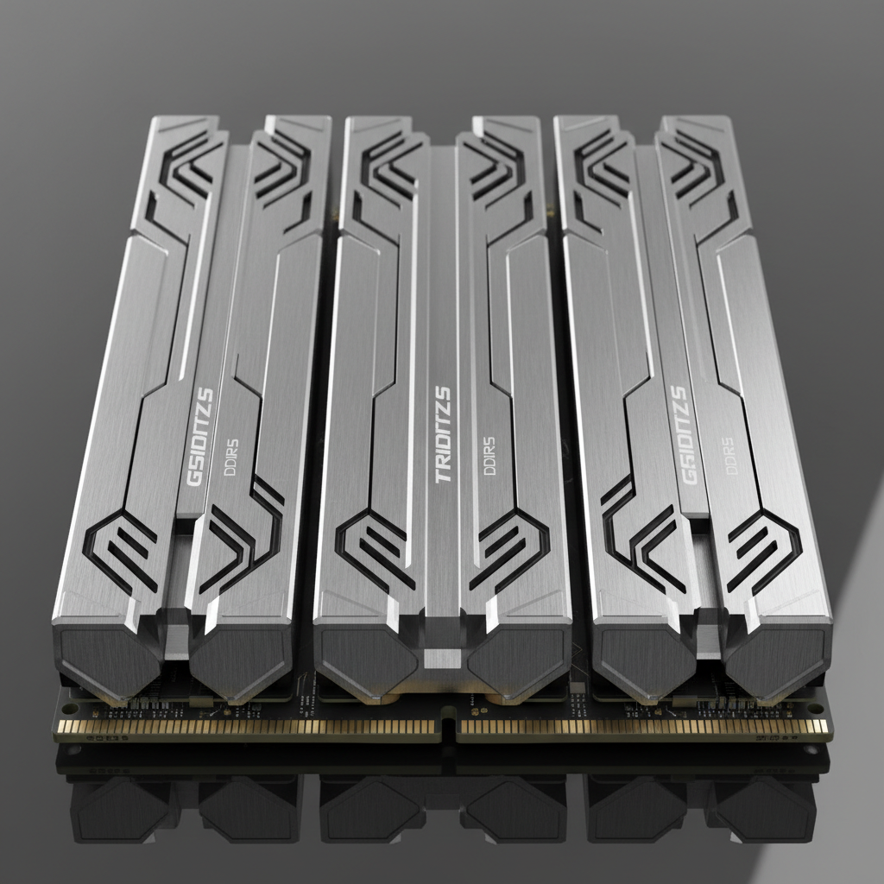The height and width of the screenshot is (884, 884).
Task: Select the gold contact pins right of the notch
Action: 639,728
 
